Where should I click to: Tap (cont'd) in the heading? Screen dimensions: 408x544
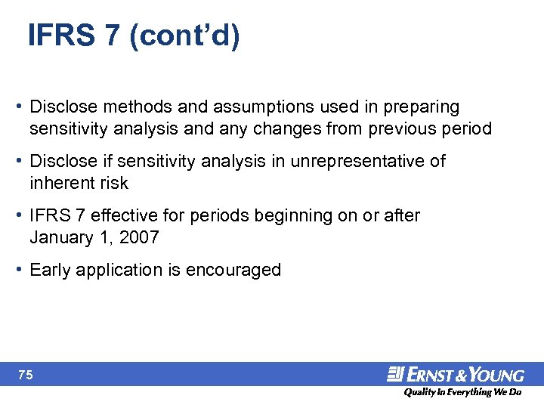[x=185, y=36]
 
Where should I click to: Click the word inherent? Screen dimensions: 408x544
[x=59, y=183]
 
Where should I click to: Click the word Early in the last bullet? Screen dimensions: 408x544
[x=50, y=270]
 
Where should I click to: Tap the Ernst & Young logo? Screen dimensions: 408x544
[x=455, y=374]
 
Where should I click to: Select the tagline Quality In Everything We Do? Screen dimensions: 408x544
[x=462, y=393]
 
